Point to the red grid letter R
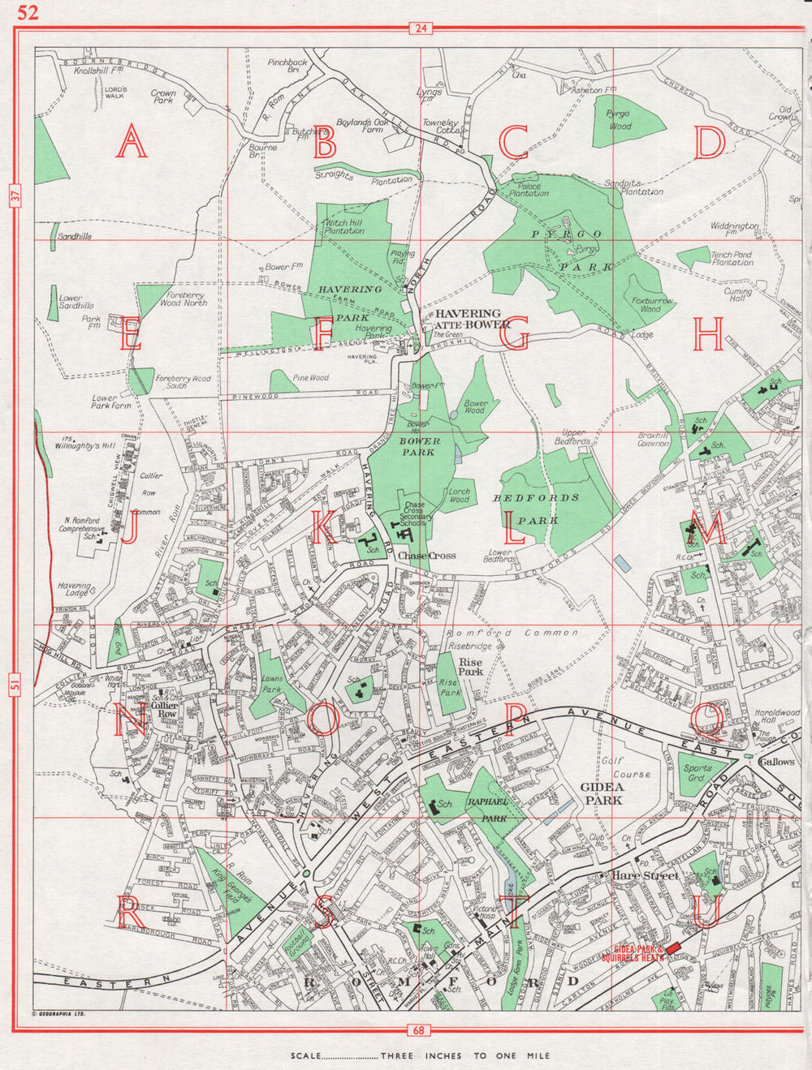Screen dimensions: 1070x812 [130, 913]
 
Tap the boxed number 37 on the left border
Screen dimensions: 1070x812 [15, 196]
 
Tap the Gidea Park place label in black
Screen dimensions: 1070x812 [602, 793]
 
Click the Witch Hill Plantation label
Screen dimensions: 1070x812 [344, 226]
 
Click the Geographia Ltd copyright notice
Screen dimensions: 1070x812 [58, 1013]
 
